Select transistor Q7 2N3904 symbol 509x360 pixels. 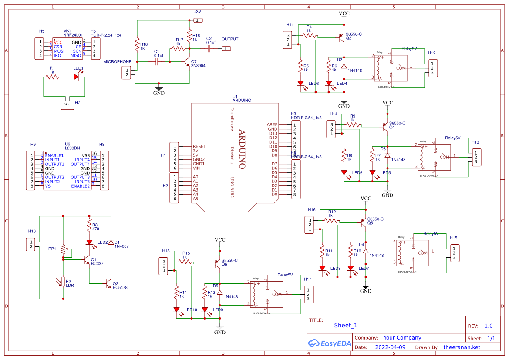click(188, 62)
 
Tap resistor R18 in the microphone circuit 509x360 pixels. click(137, 45)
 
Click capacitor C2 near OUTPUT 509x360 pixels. click(209, 49)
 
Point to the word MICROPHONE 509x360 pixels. click(117, 62)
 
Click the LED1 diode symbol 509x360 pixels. click(77, 77)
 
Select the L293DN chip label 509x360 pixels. click(72, 148)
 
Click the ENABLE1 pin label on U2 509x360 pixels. click(54, 155)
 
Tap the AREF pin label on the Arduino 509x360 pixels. click(272, 125)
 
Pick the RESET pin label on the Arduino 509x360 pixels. click(199, 147)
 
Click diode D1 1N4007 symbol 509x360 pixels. click(111, 242)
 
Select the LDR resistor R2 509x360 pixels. click(63, 282)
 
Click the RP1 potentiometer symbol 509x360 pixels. click(64, 250)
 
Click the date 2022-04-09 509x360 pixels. click(390, 347)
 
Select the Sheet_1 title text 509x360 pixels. click(346, 325)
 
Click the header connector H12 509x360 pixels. click(432, 68)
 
